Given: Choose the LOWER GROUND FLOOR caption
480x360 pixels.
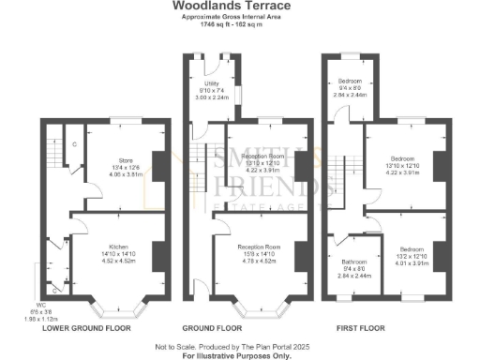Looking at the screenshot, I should coord(86,329).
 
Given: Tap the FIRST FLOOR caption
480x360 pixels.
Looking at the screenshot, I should coord(361,329).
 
